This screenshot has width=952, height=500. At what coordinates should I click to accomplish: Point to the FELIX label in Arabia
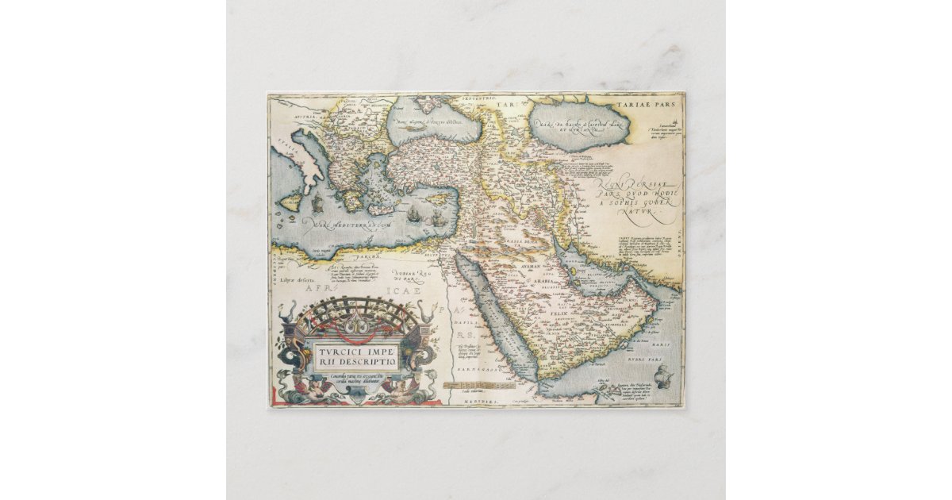(555, 316)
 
